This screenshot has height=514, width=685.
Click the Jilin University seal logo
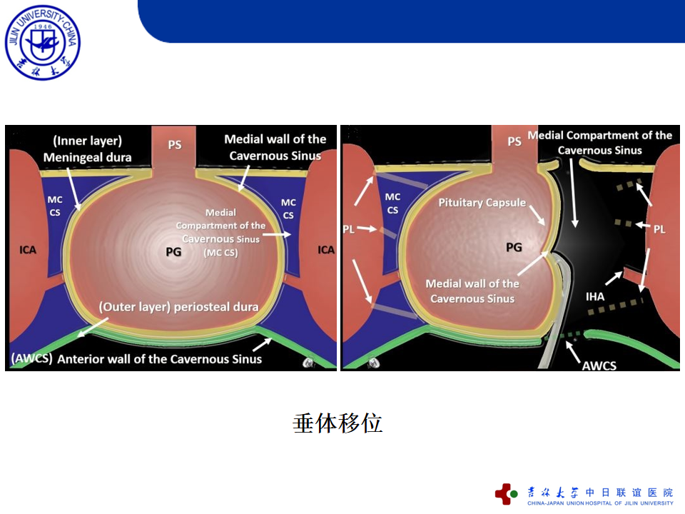(x=42, y=42)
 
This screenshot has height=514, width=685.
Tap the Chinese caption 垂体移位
(x=338, y=423)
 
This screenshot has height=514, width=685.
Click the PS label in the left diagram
(x=175, y=145)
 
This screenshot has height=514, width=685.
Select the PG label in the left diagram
(x=173, y=252)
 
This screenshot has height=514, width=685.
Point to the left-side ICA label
(x=28, y=250)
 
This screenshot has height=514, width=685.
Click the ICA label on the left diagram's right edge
(x=326, y=250)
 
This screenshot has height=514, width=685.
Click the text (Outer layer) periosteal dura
(x=178, y=307)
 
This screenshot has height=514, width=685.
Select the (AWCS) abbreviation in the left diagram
(x=32, y=358)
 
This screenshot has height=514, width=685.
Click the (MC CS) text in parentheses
(x=220, y=253)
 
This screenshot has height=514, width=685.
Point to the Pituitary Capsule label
(x=482, y=203)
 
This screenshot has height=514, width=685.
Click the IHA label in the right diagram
(x=595, y=297)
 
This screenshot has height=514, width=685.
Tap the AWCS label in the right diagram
(x=599, y=366)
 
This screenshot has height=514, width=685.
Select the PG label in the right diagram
(x=514, y=248)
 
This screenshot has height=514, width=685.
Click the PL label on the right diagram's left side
(x=348, y=229)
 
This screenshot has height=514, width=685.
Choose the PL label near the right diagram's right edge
(x=659, y=229)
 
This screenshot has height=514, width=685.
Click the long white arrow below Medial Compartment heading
(x=573, y=193)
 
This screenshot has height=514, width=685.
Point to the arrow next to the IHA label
(x=614, y=278)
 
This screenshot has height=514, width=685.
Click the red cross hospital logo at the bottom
(x=506, y=494)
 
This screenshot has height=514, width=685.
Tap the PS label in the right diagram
(x=514, y=141)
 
